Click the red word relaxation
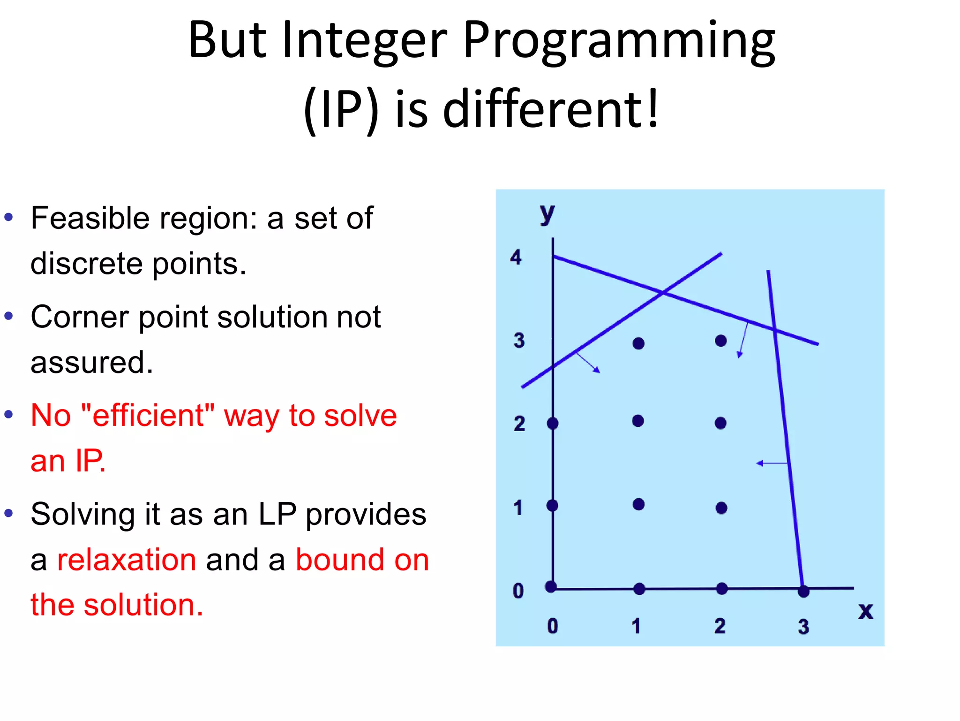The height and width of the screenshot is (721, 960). coord(127,560)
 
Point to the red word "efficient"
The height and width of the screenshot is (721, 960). coord(148,416)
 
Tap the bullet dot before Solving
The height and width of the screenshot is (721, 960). coord(8,513)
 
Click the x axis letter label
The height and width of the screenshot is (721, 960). coord(865,611)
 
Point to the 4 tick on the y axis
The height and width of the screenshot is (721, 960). coord(516,258)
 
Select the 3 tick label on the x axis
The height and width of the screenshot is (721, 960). coord(803,627)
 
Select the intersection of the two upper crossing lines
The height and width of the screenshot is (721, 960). coord(663,293)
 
